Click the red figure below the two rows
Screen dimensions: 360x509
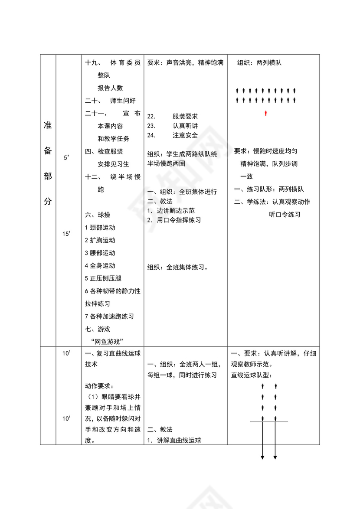266,114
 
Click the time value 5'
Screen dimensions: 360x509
66,158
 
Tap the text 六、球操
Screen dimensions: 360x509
98,215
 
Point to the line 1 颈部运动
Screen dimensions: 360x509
100,227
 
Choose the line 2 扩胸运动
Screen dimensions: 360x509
100,240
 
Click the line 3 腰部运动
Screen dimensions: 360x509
100,253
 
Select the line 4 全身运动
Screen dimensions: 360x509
100,265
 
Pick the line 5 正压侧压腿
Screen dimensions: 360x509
103,278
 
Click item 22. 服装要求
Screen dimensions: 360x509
173,117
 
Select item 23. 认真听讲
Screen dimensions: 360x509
173,126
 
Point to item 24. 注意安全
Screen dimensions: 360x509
173,135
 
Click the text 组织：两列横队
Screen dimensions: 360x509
259,63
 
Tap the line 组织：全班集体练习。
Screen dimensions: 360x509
178,267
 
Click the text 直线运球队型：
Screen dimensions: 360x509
254,375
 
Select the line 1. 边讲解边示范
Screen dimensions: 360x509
171,211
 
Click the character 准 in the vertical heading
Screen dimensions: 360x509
48,126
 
